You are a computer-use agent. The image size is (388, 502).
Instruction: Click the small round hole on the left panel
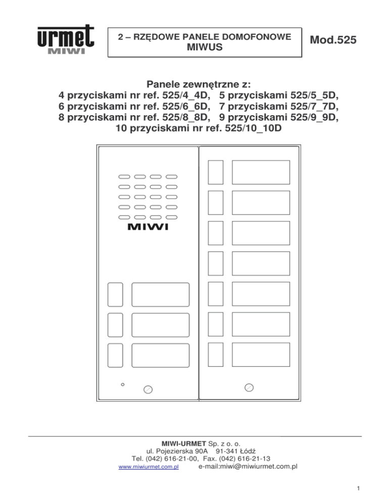coord(123,385)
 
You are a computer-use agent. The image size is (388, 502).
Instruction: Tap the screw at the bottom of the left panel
coord(148,389)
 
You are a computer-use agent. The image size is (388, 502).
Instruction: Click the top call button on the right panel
coord(216,172)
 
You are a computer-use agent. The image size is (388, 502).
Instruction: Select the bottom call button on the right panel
coord(216,355)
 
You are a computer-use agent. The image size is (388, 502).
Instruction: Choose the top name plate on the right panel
coord(261,172)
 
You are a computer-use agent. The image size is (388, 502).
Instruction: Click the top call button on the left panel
coord(115,294)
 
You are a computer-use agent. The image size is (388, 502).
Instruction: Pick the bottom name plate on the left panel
coord(161,356)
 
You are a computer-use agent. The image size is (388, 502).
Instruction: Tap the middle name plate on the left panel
coord(161,325)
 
